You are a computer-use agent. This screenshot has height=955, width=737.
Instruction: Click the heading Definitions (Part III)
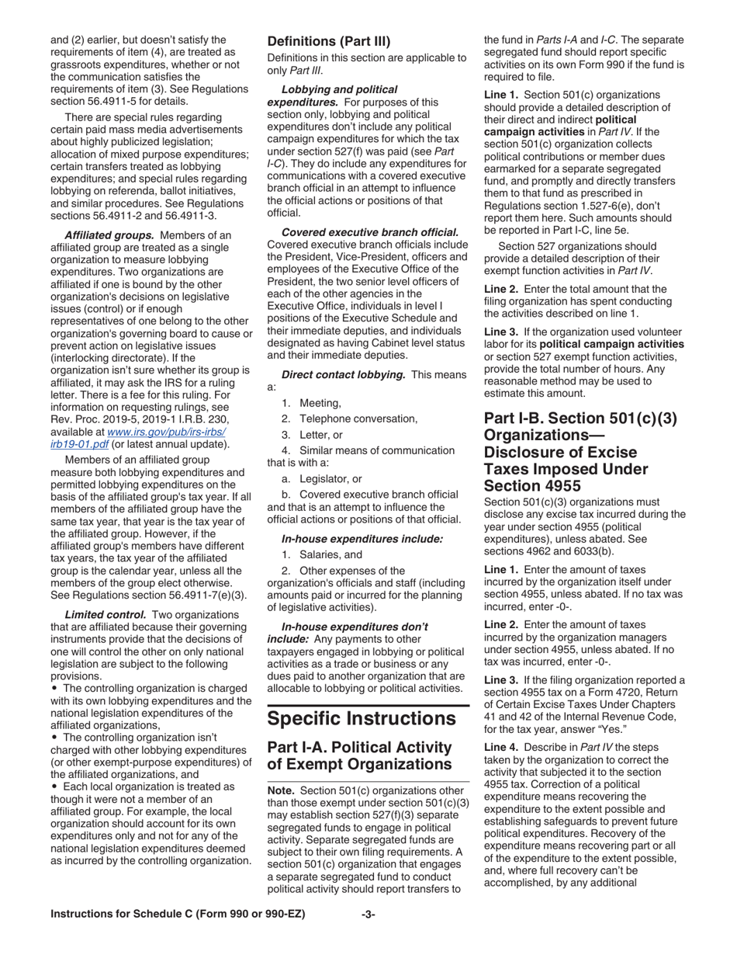(329, 41)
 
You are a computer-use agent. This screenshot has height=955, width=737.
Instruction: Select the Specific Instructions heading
(362, 717)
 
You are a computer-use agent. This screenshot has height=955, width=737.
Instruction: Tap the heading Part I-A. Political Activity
(358, 755)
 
